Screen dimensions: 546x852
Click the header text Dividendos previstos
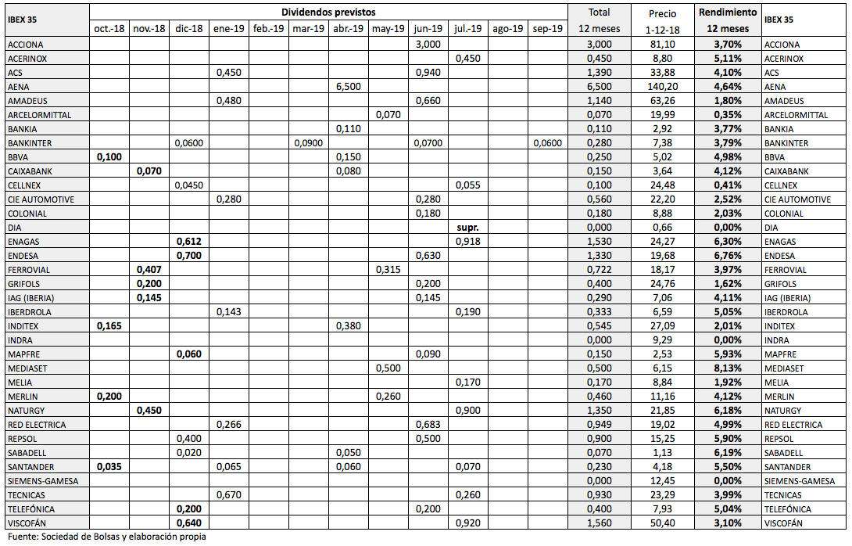(328, 13)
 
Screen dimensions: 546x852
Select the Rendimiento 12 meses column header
(727, 20)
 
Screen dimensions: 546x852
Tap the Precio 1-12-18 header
(662, 20)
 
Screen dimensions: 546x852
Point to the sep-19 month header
(548, 29)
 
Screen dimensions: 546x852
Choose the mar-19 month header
(308, 29)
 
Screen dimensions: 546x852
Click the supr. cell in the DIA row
(467, 228)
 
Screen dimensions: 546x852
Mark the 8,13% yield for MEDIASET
(727, 368)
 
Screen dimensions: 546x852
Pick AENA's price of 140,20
(662, 87)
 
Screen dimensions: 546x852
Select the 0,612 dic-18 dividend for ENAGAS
(189, 242)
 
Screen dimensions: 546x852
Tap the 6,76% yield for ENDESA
(727, 256)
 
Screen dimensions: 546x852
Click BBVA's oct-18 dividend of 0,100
(109, 157)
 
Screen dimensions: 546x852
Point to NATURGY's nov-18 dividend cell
(149, 411)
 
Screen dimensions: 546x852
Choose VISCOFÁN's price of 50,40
(662, 523)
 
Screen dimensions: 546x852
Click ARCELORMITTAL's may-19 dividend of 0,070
(388, 115)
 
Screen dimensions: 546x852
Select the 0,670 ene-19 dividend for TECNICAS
(229, 495)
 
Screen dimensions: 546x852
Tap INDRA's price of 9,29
(662, 340)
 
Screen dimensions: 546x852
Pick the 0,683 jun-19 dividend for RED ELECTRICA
(428, 425)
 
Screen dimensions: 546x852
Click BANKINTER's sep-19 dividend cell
(548, 143)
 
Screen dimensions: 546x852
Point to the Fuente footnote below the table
(107, 537)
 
